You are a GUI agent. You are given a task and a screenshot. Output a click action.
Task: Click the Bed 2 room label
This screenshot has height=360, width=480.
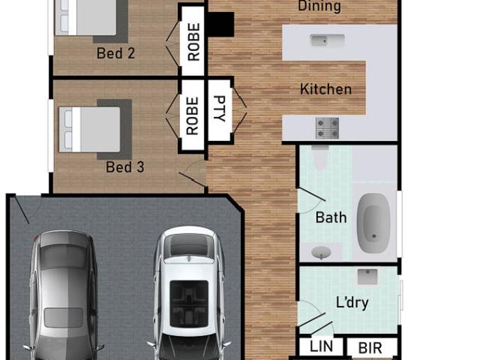(115, 53)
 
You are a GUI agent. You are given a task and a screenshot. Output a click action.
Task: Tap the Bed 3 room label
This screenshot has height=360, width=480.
(125, 167)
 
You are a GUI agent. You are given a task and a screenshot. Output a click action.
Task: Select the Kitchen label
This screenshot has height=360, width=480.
(325, 89)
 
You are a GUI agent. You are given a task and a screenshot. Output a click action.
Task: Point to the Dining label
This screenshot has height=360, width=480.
(319, 6)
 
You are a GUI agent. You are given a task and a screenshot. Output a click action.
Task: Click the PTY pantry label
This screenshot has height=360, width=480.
(220, 109)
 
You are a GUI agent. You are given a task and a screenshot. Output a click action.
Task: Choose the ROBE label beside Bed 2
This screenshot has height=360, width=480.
(193, 42)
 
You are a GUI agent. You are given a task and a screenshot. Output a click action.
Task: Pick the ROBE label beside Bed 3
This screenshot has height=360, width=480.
(193, 115)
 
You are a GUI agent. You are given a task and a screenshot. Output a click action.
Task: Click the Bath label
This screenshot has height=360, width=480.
(331, 217)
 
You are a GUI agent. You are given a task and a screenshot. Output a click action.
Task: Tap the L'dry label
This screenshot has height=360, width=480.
(352, 303)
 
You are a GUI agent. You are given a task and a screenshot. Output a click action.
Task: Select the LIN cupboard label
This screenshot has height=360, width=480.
(321, 346)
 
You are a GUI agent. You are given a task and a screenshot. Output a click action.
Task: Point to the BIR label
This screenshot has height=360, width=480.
(370, 348)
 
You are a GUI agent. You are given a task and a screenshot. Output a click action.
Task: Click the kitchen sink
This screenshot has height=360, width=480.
(327, 40)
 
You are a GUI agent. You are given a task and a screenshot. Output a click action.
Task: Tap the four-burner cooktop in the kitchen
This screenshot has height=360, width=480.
(328, 128)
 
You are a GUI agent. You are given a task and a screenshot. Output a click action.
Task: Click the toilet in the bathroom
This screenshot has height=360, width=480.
(320, 156)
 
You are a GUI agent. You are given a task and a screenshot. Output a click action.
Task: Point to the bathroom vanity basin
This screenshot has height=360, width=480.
(321, 252)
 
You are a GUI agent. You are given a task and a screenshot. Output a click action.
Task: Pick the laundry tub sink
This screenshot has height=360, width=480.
(367, 277)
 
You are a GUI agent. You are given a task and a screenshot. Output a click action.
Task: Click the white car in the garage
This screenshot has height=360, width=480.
(189, 293)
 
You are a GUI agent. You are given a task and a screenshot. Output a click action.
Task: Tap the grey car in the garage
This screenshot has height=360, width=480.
(64, 295)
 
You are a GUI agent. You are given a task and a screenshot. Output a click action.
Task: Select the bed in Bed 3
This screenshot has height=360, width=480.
(89, 129)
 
